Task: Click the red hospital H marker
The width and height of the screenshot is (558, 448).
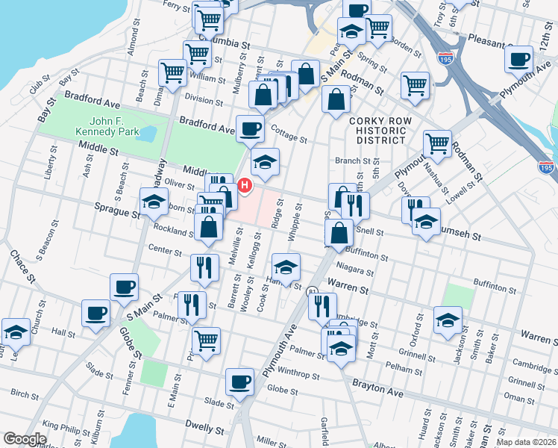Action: point(244,184)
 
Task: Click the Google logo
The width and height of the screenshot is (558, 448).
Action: point(25,439)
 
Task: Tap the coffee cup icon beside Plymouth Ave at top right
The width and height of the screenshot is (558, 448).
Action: point(518,59)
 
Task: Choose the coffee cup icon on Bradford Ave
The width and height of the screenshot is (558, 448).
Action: point(250,128)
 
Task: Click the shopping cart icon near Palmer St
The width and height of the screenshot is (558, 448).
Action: point(206,340)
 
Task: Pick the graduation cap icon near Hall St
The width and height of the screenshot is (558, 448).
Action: point(15,332)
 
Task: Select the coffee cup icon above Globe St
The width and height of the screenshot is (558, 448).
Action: point(239,382)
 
